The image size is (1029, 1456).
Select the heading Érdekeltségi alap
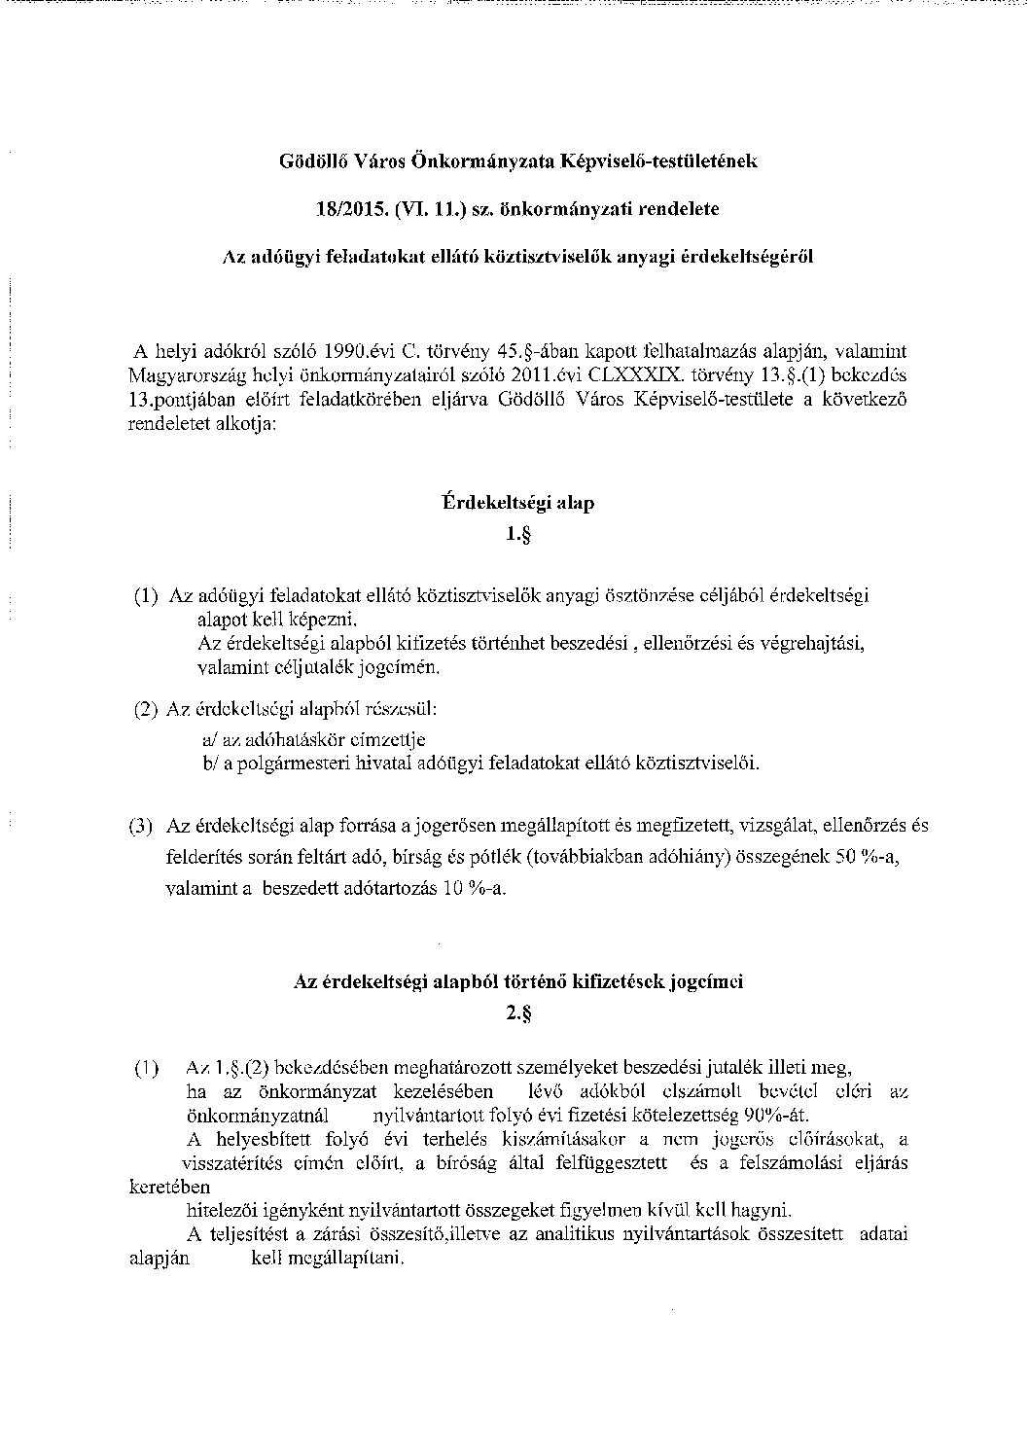tap(517, 504)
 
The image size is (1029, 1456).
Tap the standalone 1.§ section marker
tap(517, 534)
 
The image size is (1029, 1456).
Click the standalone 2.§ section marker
tap(517, 1012)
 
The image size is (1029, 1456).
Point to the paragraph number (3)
tap(142, 827)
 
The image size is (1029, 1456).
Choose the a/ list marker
tap(210, 740)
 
